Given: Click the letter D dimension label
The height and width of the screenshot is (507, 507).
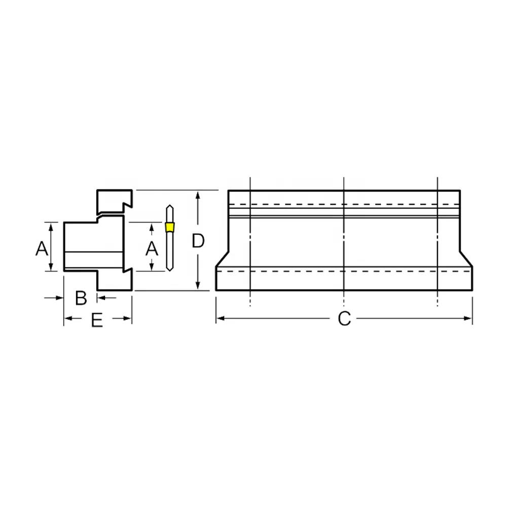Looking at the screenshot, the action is click(x=198, y=241).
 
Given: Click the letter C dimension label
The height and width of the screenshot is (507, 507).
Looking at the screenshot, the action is click(x=344, y=318).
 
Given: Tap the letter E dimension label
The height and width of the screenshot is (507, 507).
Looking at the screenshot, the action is click(x=97, y=320).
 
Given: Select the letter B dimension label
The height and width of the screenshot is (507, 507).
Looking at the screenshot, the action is click(x=81, y=298).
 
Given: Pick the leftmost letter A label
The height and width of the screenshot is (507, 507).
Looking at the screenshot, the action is click(x=42, y=248).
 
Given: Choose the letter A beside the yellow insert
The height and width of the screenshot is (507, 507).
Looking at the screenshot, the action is click(x=152, y=248).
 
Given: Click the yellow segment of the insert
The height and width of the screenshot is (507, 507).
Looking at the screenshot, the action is click(x=169, y=227).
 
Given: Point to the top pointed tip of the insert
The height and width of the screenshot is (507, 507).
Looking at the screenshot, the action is click(x=169, y=205).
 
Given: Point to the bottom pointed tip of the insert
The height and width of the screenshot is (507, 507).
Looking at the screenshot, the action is click(x=169, y=271).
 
